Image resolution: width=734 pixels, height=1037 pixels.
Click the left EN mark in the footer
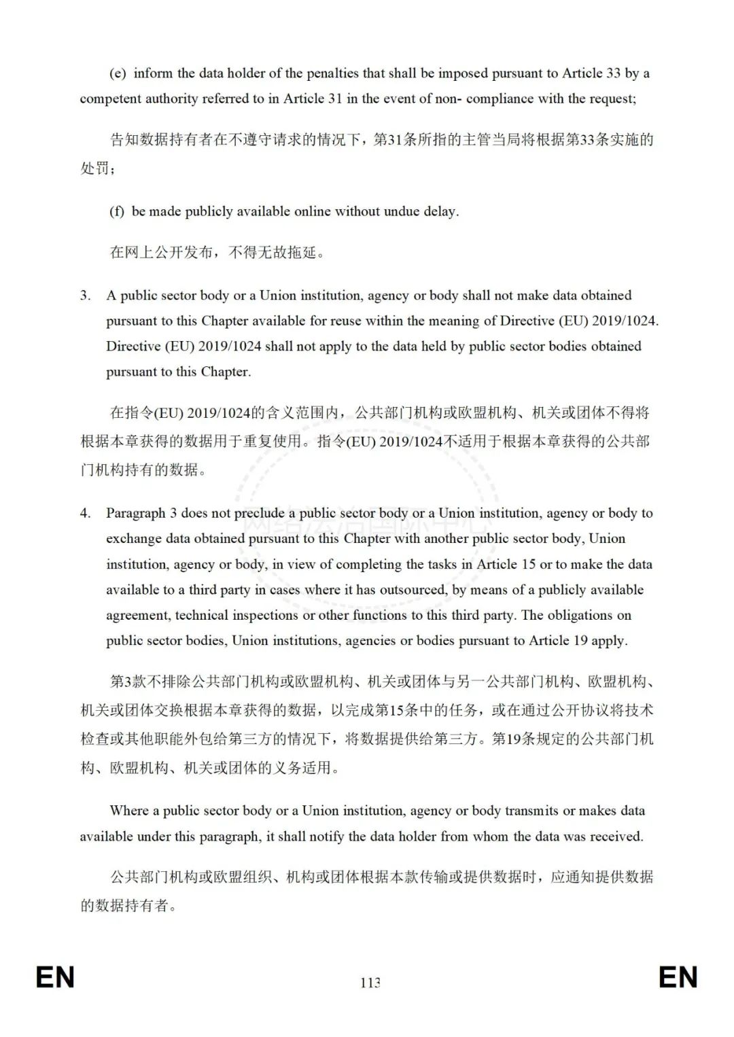(x=55, y=977)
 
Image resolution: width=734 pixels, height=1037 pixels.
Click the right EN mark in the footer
(x=678, y=977)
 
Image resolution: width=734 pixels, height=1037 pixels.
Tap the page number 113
(x=370, y=983)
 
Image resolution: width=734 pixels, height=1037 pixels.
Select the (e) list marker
(x=118, y=73)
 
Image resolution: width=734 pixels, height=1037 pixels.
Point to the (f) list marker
(x=117, y=211)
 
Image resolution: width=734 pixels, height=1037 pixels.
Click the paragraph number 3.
(x=85, y=296)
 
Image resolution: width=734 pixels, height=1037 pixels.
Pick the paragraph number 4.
(x=85, y=513)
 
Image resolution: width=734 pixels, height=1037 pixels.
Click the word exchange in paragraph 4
(x=133, y=539)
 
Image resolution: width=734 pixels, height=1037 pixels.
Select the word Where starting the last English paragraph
(x=129, y=811)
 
